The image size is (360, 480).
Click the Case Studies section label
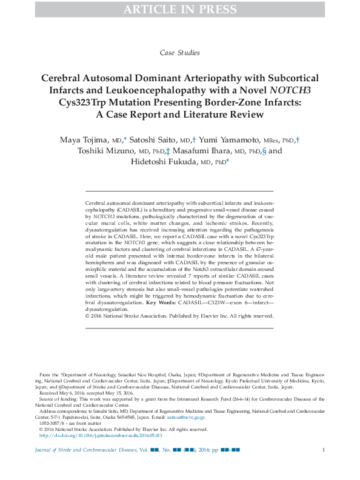[179, 53]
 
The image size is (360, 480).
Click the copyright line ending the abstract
[179, 316]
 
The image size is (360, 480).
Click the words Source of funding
[59, 399]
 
